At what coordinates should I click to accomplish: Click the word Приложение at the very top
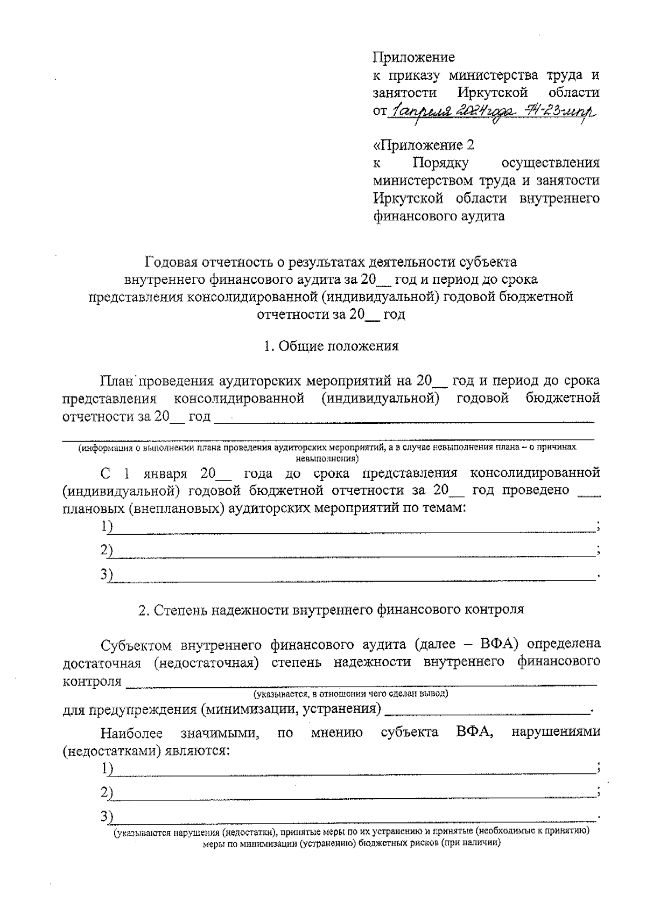[413, 57]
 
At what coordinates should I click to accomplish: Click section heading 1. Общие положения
[331, 346]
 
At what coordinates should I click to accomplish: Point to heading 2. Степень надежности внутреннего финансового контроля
[331, 610]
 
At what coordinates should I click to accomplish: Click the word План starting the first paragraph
[116, 381]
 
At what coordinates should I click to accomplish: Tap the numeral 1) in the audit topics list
[107, 526]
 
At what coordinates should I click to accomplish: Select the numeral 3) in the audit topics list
[107, 575]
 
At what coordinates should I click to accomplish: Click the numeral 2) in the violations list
[107, 792]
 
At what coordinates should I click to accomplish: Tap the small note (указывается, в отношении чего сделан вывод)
[351, 694]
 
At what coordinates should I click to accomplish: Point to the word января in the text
[165, 473]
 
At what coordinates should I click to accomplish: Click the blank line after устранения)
[488, 709]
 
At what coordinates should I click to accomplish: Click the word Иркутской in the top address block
[492, 93]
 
